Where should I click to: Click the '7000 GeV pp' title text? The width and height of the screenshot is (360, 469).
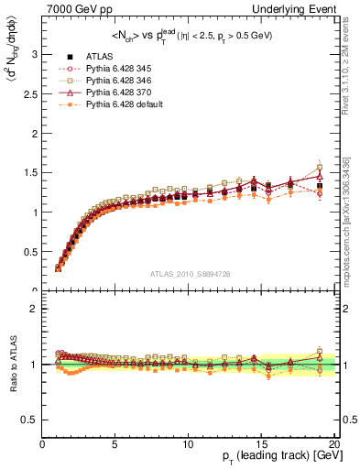75,8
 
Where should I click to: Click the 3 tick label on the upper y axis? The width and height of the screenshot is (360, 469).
35,54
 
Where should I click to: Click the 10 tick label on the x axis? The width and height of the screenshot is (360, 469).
187,443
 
